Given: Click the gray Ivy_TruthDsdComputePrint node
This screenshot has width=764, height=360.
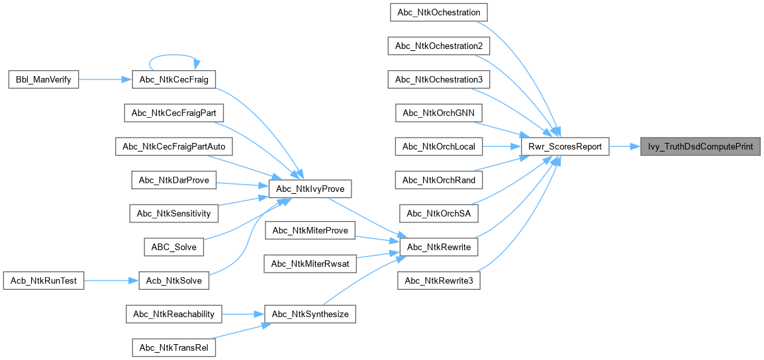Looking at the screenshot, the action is (x=700, y=146).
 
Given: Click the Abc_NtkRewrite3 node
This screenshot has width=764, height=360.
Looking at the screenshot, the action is (x=439, y=281).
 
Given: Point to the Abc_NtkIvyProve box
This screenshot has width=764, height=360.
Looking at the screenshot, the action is (x=310, y=189).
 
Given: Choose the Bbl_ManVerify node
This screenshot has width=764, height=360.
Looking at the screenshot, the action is (x=44, y=79).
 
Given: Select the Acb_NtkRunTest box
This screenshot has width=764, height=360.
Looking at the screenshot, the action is (x=44, y=281).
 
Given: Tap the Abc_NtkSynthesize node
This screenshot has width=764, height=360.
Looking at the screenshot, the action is (x=310, y=314).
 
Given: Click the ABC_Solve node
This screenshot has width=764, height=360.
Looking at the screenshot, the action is (x=174, y=247).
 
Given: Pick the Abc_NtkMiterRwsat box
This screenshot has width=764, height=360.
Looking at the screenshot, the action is (x=310, y=263).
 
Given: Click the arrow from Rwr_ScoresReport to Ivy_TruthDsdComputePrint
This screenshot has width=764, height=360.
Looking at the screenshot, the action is (x=625, y=146).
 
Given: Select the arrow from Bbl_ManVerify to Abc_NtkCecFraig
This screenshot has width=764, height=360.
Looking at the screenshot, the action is (x=106, y=79).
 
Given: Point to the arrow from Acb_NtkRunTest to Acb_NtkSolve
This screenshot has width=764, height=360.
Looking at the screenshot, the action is (x=112, y=281).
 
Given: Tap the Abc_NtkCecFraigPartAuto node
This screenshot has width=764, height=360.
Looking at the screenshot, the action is (x=174, y=147).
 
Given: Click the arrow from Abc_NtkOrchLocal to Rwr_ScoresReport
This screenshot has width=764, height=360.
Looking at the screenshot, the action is (x=501, y=146).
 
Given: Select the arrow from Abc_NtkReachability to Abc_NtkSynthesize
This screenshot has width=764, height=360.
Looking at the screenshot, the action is (x=243, y=314).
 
